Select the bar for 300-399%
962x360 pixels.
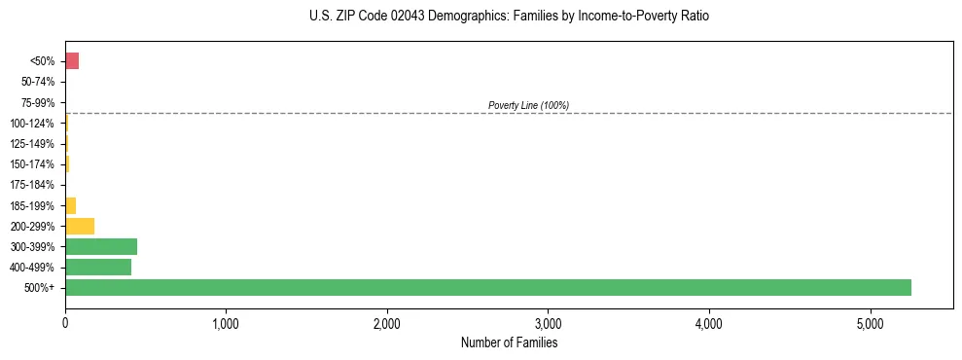101,246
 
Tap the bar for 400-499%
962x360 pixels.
98,267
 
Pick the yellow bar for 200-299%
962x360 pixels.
80,226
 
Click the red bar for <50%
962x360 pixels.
72,61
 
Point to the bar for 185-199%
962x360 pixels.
70,205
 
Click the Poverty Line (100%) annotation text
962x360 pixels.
528,105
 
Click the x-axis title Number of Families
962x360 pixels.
509,342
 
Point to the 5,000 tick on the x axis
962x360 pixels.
871,323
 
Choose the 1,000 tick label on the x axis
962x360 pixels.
226,323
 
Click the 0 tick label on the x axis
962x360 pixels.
65,323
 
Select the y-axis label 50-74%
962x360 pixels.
38,82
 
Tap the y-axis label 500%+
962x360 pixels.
41,288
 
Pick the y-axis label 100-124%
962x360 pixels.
32,124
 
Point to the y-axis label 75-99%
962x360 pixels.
38,102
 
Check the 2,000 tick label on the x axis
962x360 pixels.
387,323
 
